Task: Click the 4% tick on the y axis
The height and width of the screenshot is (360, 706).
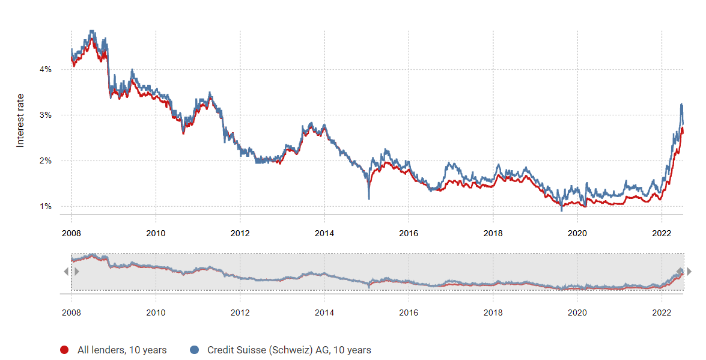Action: (46, 70)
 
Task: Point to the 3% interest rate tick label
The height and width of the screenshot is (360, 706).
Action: (46, 115)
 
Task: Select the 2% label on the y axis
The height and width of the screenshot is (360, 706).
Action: (46, 161)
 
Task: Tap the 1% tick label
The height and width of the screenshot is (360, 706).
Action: (46, 207)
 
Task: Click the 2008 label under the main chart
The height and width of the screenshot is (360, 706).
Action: (71, 233)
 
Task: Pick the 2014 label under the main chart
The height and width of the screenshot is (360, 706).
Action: (324, 233)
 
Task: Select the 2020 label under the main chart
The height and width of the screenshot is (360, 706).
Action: (577, 233)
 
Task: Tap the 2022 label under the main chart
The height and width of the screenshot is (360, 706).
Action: (662, 233)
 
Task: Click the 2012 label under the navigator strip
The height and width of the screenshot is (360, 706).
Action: (240, 313)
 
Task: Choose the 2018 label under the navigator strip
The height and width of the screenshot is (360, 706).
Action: (493, 313)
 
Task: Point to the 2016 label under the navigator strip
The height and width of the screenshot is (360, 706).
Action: (409, 313)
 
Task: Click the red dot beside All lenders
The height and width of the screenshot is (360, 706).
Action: (64, 350)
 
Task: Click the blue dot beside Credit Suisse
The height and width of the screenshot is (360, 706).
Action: (194, 350)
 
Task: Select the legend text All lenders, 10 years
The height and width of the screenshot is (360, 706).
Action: (122, 350)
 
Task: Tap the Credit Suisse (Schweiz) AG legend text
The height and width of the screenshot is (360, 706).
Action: (289, 350)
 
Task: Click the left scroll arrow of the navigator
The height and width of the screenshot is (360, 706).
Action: (66, 272)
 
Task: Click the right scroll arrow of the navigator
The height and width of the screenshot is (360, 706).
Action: (689, 272)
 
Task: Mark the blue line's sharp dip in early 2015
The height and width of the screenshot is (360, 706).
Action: (369, 198)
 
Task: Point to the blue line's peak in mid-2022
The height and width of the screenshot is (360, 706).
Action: (681, 105)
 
